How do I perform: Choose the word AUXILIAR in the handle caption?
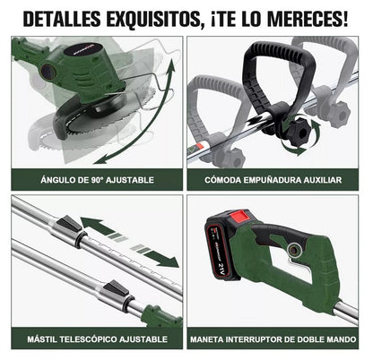pos(324,179)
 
